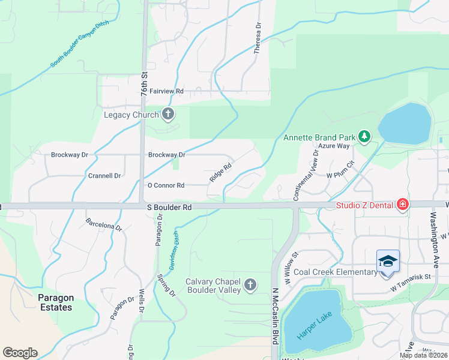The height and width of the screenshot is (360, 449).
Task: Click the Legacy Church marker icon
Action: tap(168, 114)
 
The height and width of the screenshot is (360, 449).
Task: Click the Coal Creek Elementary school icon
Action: tap(388, 262)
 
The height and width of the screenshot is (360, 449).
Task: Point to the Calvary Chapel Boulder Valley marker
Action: tap(250, 284)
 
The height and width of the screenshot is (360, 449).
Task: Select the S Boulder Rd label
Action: tap(169, 207)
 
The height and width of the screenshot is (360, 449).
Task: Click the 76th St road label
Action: tap(145, 85)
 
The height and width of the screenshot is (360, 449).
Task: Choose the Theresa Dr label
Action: tap(258, 40)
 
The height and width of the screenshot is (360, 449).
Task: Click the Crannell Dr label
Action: tap(104, 176)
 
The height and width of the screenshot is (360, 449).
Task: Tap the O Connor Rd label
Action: tap(166, 185)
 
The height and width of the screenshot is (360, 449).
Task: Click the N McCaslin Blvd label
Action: tap(276, 316)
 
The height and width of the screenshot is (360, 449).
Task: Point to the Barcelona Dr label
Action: tap(103, 225)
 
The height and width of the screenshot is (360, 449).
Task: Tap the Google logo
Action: tap(20, 353)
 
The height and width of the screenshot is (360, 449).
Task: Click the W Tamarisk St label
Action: tap(411, 277)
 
